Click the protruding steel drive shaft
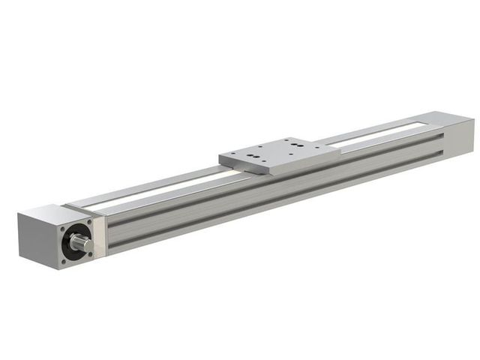point(80,244)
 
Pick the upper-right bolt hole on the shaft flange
point(90,221)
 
